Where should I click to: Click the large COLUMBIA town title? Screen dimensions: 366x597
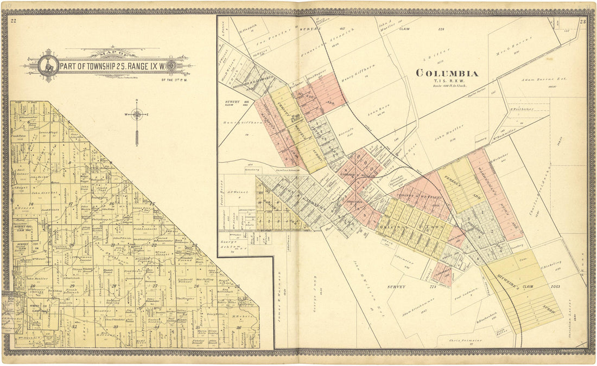coord(447,73)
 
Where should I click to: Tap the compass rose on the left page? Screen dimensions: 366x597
coord(137,114)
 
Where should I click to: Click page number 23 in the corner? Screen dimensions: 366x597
coord(582,22)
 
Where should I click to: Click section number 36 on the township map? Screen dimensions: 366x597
coord(238,327)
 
